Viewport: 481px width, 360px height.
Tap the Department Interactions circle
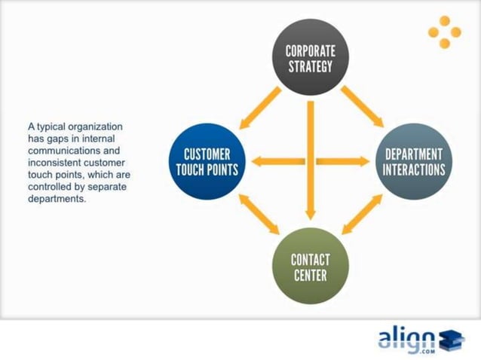(414, 160)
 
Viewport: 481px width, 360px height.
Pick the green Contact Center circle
(310, 266)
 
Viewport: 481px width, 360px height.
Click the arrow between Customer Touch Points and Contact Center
(258, 213)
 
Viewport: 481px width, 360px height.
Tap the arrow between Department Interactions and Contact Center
(361, 214)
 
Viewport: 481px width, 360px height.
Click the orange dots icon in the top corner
(444, 32)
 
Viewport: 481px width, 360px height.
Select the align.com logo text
(406, 337)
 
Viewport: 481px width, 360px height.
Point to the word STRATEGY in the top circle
(310, 66)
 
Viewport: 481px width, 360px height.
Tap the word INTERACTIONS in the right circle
(414, 169)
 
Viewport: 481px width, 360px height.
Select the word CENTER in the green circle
(310, 275)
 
